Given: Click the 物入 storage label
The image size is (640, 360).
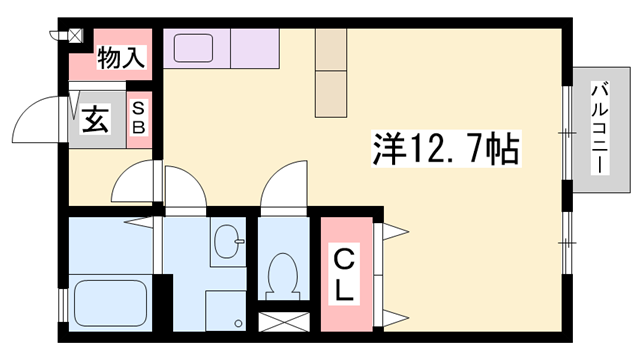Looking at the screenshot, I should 121,59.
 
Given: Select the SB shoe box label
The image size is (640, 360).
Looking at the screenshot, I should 140,119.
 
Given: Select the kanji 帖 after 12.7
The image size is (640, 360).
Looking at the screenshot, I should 501,151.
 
